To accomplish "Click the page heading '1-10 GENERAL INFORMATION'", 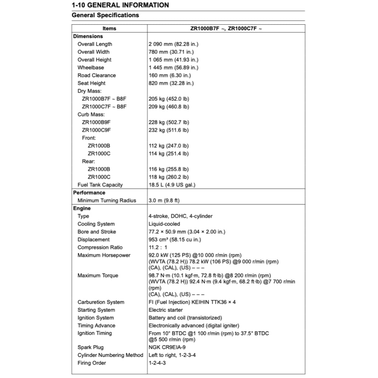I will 120,5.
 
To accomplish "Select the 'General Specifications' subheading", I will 105,15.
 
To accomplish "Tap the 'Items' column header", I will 109,28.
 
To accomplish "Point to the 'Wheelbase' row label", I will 91,68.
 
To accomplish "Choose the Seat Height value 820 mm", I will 171,83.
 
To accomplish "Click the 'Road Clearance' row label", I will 97,75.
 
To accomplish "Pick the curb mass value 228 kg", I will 169,122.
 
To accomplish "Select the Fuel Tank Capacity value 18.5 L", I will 172,185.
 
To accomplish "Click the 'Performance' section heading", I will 89,193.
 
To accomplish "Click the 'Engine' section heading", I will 82,208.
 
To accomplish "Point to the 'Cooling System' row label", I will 96,224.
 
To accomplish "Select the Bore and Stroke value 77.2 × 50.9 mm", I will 187,232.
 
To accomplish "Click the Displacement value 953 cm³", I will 175,240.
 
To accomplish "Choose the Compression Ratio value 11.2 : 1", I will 158,247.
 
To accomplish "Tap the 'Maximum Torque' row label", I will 98,275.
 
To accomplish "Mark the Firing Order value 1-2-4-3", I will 157,363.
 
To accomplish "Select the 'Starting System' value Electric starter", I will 166,310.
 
